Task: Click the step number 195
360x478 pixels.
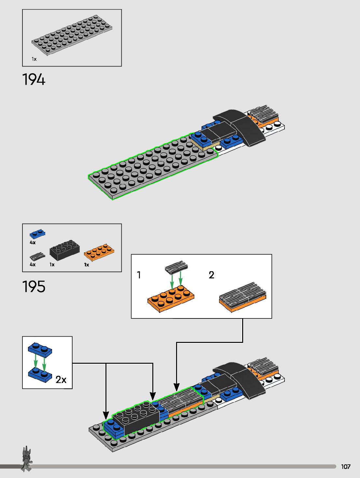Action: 34,286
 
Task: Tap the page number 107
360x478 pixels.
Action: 346,467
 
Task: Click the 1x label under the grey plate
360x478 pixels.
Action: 34,59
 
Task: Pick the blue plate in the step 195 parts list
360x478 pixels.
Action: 37,234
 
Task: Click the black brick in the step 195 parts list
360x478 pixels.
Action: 64,250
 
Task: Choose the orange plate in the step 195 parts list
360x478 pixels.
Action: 99,252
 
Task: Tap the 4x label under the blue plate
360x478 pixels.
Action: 33,242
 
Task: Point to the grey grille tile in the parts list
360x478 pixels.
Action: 37,257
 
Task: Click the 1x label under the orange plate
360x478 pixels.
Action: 86,265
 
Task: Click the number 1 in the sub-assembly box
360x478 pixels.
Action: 139,275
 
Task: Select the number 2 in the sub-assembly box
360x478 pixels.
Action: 211,275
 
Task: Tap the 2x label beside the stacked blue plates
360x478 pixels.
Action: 61,380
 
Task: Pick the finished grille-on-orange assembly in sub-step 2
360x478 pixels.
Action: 242,297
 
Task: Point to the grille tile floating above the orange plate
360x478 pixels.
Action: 176,267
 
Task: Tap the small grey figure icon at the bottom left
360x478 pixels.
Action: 27,458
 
